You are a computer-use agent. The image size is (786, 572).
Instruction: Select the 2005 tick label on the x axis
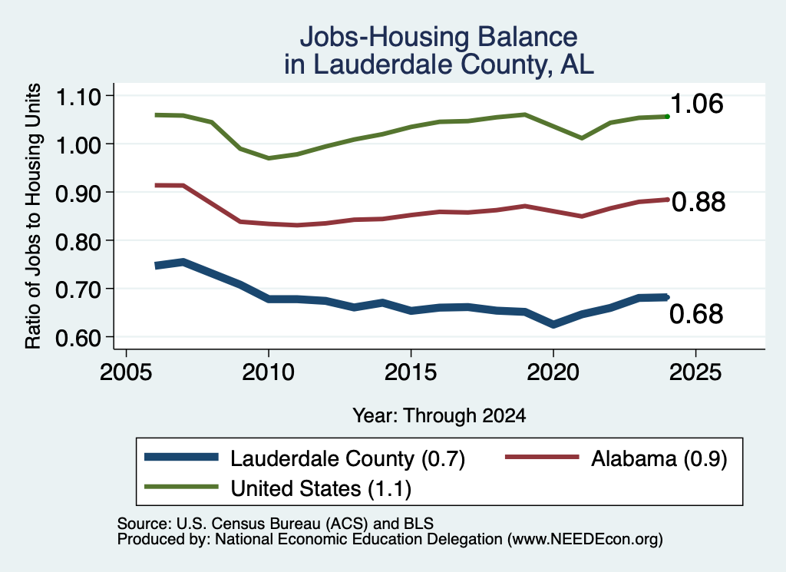coord(127,372)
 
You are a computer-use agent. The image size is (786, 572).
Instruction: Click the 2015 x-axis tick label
coord(411,372)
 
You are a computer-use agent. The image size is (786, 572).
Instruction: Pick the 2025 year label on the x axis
coord(695,372)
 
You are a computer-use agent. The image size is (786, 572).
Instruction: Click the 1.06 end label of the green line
coord(696,104)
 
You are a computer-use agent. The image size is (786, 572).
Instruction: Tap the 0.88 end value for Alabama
coord(698,202)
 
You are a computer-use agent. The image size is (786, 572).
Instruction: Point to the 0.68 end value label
coord(696,314)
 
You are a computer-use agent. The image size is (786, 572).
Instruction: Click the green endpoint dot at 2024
coord(667,116)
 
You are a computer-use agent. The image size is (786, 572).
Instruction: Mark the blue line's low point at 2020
coord(553,324)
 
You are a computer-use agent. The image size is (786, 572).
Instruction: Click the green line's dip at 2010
coord(269,158)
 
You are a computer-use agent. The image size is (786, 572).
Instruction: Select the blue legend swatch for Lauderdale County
coord(181,457)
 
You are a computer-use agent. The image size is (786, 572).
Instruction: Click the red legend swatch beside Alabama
coord(542,457)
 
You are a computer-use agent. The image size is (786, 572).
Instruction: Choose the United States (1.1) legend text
coord(321,489)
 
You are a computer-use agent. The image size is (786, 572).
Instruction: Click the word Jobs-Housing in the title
coord(384,37)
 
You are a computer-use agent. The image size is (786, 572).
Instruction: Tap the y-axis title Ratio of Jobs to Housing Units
coord(33,216)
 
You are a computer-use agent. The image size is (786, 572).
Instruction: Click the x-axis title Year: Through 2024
coord(439,415)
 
